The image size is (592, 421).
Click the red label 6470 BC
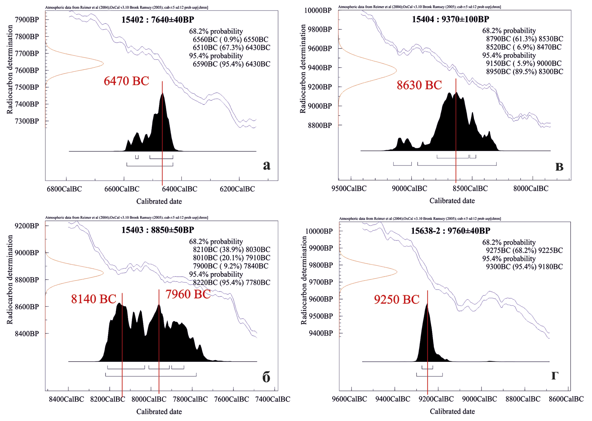pyautogui.click(x=126, y=81)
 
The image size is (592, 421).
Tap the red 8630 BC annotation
pyautogui.click(x=419, y=85)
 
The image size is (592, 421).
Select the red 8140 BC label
pyautogui.click(x=94, y=299)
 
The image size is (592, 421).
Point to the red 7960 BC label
pyautogui.click(x=188, y=294)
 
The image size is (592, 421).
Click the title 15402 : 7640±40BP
pyautogui.click(x=158, y=20)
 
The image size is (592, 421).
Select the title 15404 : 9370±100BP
pyautogui.click(x=451, y=19)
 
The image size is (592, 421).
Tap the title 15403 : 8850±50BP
pyautogui.click(x=158, y=230)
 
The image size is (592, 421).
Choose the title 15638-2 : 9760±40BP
pyautogui.click(x=451, y=231)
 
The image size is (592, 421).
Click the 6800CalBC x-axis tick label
pyautogui.click(x=64, y=189)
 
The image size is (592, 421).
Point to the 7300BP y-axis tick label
pyautogui.click(x=27, y=121)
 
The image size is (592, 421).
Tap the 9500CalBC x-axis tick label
pyautogui.click(x=349, y=189)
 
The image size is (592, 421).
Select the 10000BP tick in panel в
pyautogui.click(x=318, y=10)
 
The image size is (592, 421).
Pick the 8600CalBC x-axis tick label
pyautogui.click(x=566, y=399)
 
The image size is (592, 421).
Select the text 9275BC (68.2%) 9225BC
pyautogui.click(x=524, y=250)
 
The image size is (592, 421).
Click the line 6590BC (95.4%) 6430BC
pyautogui.click(x=231, y=64)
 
